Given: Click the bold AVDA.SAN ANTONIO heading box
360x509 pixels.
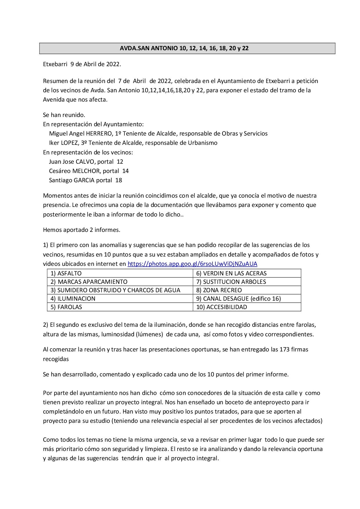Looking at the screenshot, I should (187, 48).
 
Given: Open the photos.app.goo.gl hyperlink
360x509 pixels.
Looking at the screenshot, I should (192, 264).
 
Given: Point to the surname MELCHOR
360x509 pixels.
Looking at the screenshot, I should (86, 171).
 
